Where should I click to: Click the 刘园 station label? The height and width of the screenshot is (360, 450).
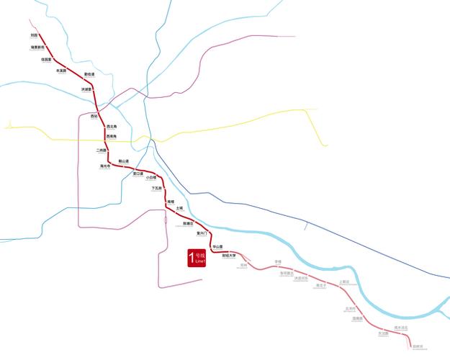pos(34,34)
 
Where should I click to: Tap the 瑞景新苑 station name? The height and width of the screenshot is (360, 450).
pos(37,48)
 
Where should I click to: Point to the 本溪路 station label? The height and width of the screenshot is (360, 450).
pos(61,71)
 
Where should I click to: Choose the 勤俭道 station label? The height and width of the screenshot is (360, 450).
pos(89,74)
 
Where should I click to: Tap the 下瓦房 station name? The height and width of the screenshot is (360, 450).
pos(156,189)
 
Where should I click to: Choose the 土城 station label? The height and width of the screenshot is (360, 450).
pos(179,208)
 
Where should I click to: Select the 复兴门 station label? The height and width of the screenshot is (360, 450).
pos(202,234)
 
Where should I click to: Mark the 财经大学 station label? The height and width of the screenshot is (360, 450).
pos(229,255)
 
